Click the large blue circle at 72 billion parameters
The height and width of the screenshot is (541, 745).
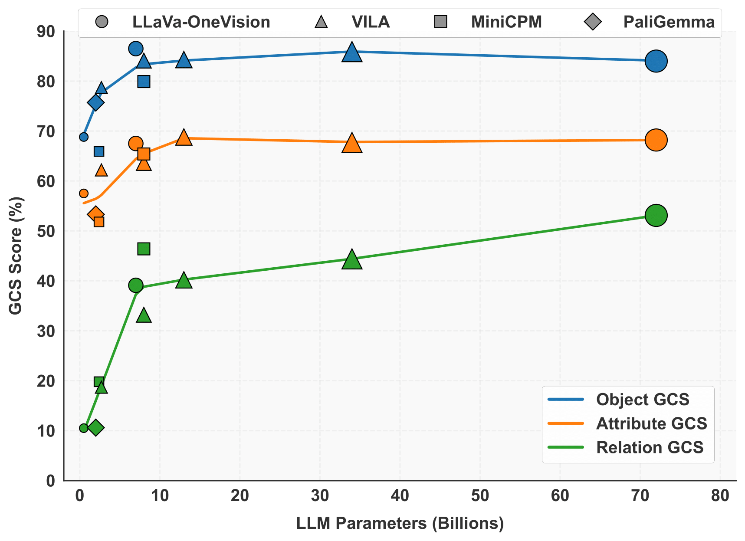pos(656,61)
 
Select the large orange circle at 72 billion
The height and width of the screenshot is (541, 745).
pos(656,140)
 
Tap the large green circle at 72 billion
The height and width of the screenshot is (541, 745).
pos(656,215)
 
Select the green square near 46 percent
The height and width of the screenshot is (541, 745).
pos(144,249)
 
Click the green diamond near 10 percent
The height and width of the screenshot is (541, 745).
pos(96,428)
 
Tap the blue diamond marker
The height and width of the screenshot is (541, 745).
pos(96,103)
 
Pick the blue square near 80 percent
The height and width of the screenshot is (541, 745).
pos(144,82)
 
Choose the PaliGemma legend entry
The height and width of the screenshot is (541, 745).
pos(669,22)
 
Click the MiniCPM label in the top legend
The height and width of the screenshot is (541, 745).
pos(506,22)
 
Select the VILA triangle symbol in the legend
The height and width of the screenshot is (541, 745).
pos(321,22)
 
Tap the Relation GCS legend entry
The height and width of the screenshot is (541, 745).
pos(650,447)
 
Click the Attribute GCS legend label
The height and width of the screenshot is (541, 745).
pos(651,423)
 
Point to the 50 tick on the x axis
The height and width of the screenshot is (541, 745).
pos(480,496)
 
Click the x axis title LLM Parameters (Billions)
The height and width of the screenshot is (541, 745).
pos(400,523)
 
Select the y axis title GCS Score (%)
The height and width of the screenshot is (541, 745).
pos(16,256)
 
